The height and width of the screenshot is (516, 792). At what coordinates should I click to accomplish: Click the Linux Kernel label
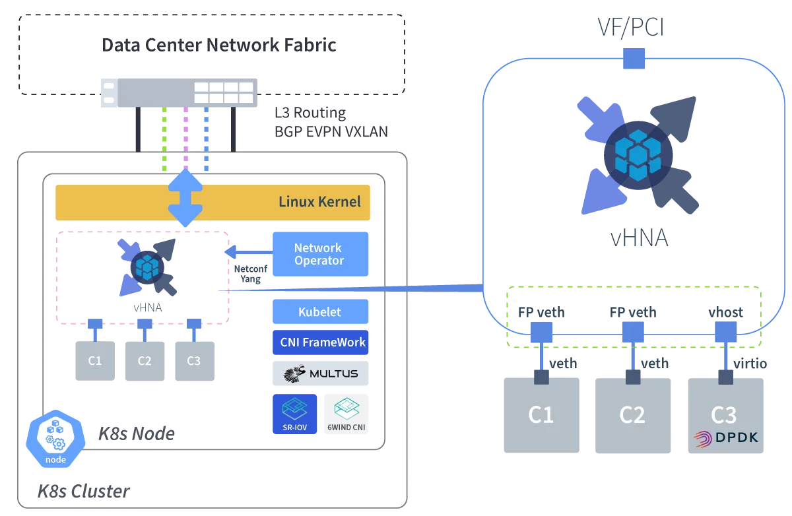[319, 201]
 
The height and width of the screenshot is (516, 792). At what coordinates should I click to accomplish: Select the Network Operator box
[319, 254]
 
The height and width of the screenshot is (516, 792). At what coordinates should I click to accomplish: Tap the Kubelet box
[319, 312]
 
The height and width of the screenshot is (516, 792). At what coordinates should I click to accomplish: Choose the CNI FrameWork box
[319, 342]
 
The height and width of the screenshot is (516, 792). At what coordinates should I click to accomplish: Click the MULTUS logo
[319, 373]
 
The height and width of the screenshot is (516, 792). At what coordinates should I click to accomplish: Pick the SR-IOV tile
[294, 415]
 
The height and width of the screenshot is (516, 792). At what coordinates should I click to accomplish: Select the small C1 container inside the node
[95, 361]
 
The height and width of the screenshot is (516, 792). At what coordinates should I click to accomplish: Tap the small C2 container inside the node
[145, 361]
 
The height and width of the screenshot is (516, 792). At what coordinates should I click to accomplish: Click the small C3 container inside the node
[194, 361]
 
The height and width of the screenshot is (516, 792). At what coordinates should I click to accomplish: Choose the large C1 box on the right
[541, 414]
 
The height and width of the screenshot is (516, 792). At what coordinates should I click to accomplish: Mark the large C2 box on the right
[632, 414]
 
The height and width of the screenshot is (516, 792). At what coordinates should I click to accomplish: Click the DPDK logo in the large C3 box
[725, 437]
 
